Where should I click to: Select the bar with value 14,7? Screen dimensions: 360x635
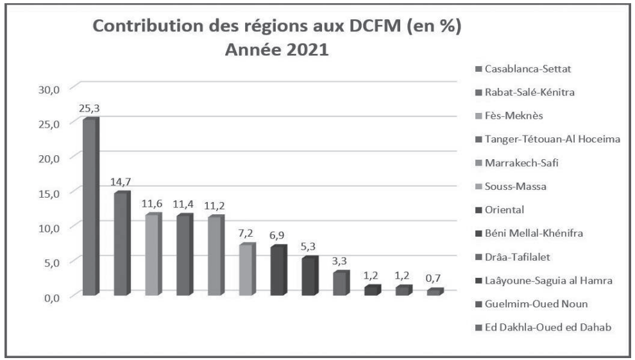point(122,244)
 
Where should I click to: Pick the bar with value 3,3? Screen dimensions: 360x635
point(341,283)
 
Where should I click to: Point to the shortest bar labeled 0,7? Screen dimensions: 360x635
point(435,292)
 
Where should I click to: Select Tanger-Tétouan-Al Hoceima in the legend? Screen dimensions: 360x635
point(544,139)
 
